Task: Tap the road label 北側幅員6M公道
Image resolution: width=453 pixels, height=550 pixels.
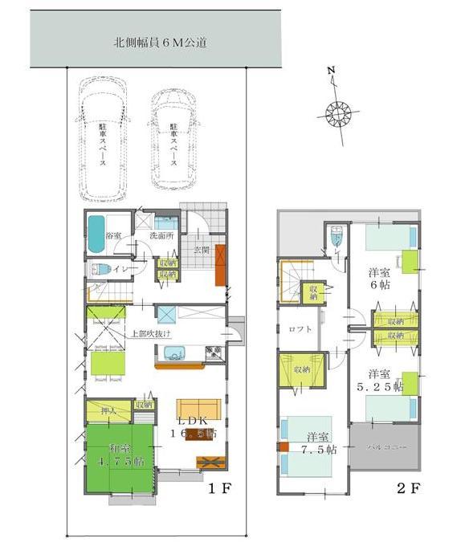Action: (x=160, y=42)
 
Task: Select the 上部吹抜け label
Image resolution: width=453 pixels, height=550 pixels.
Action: (x=151, y=332)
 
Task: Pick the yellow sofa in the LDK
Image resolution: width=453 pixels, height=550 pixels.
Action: (x=196, y=406)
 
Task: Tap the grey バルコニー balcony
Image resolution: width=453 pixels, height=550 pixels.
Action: (x=382, y=446)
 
